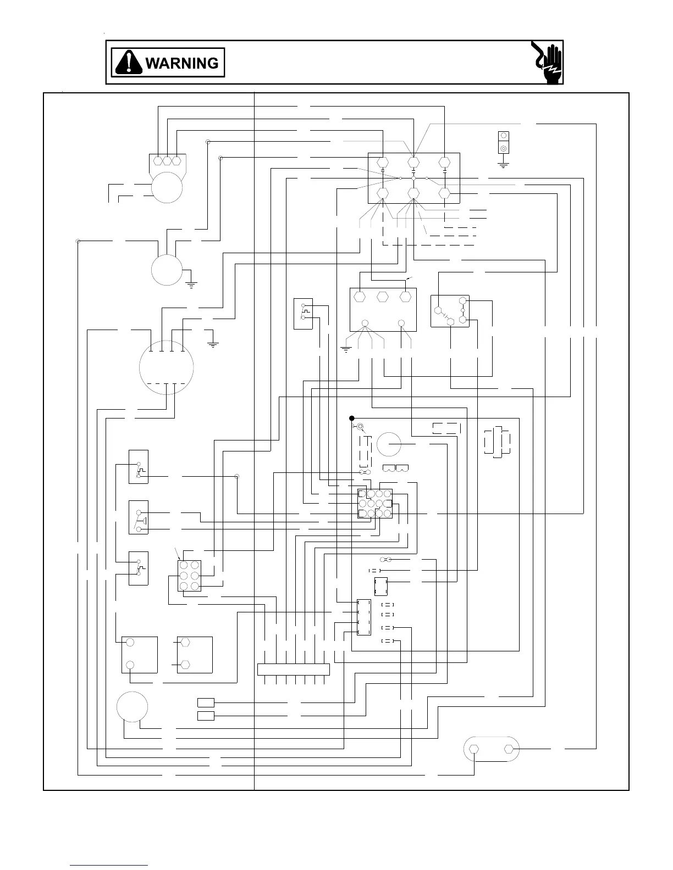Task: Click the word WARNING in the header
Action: point(181,63)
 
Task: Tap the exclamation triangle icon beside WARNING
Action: point(129,63)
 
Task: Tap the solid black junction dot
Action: point(352,418)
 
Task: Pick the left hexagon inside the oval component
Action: point(475,749)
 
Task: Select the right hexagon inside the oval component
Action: point(509,749)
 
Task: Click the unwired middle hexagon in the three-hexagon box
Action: point(383,296)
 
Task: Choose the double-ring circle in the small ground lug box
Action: point(503,148)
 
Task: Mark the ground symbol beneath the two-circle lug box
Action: point(503,164)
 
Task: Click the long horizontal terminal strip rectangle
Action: point(293,670)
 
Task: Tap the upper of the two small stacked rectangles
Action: point(206,702)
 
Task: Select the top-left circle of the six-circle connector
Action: point(183,565)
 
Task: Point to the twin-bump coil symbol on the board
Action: point(395,468)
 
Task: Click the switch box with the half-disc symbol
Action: point(138,517)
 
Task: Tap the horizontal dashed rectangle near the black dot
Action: point(446,428)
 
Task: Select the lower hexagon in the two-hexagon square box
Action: point(185,665)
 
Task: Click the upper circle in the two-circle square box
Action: point(130,642)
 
